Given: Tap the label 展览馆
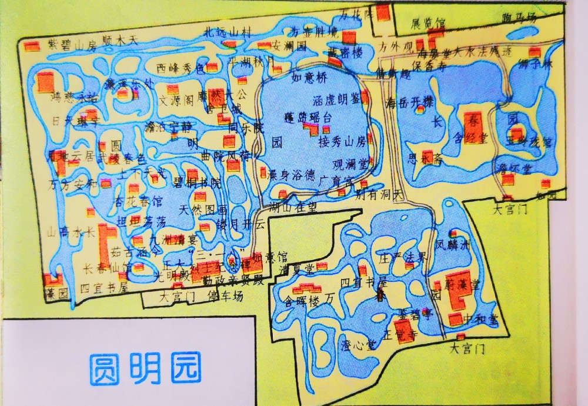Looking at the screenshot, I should click(x=428, y=24).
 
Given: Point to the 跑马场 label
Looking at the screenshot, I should click(x=520, y=18).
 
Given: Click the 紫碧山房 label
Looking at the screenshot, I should click(x=72, y=43).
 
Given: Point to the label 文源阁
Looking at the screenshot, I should click(x=174, y=100).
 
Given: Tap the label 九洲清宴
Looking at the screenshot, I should click(x=169, y=239).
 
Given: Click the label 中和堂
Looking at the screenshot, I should click(x=480, y=318).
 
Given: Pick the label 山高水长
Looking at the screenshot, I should click(x=71, y=232).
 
